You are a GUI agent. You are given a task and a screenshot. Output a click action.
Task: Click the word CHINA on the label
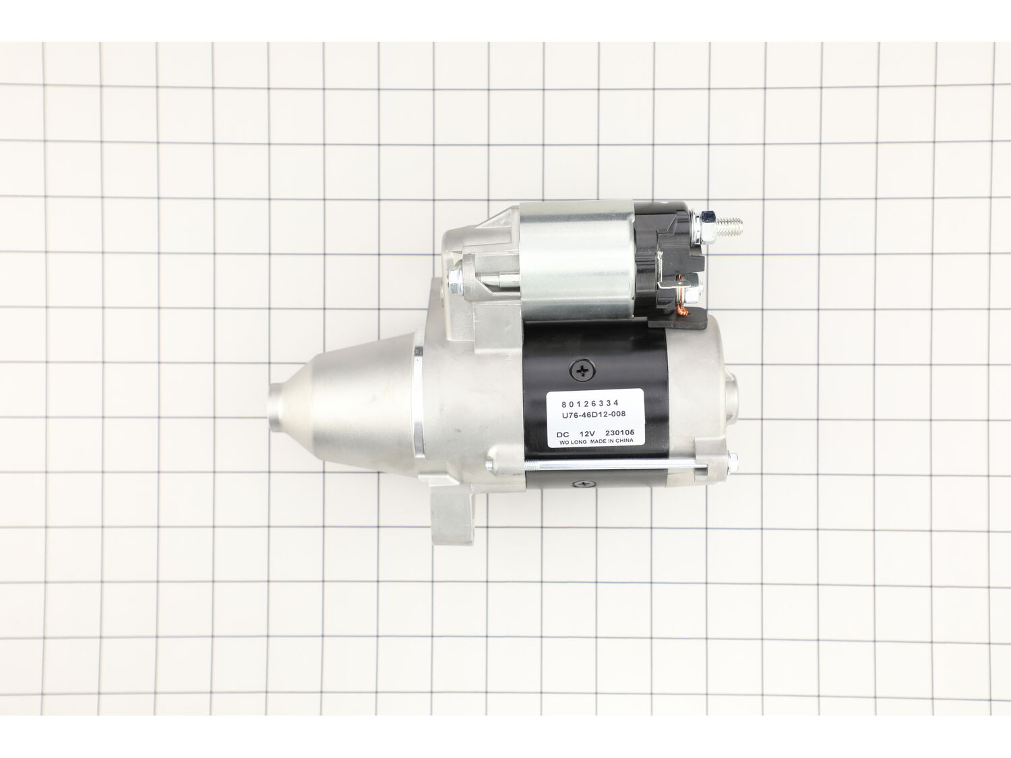(624, 441)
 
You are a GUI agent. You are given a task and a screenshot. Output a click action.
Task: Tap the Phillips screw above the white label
(582, 369)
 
